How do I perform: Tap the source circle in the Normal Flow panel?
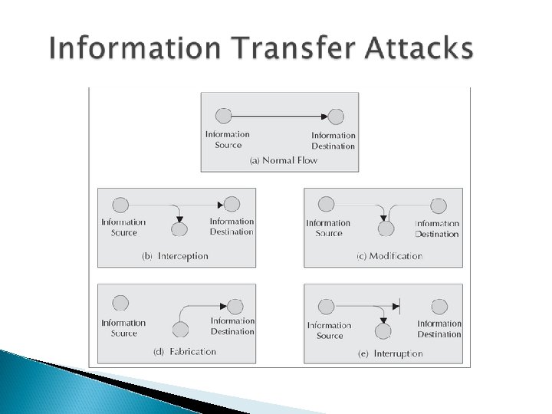point(223,117)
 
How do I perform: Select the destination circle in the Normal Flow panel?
point(336,117)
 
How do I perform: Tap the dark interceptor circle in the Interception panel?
point(179,229)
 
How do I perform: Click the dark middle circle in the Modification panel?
point(387,228)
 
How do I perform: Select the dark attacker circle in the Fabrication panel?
point(180,330)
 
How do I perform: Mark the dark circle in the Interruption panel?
point(382,330)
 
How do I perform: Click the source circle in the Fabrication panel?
point(120,303)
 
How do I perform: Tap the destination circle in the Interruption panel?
point(439,306)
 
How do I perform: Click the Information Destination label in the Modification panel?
point(437,228)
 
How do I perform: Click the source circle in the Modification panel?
point(327,205)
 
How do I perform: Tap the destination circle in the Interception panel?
point(232,204)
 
